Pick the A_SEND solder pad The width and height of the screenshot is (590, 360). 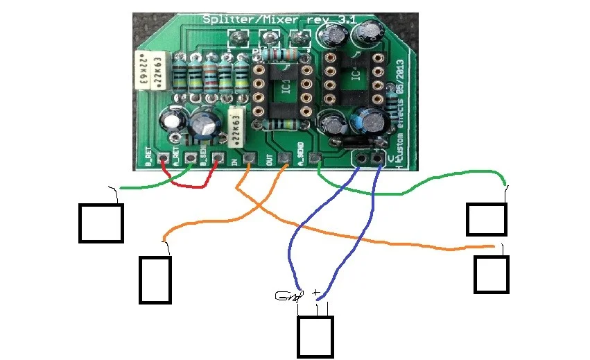click(315, 159)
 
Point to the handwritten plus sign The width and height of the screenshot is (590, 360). click(317, 293)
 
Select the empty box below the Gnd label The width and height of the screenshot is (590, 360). click(315, 337)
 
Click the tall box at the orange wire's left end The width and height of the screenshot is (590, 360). click(155, 280)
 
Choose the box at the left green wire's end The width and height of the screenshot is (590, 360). click(101, 223)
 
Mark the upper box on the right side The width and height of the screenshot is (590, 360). click(487, 218)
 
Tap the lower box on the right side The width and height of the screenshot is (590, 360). click(492, 274)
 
